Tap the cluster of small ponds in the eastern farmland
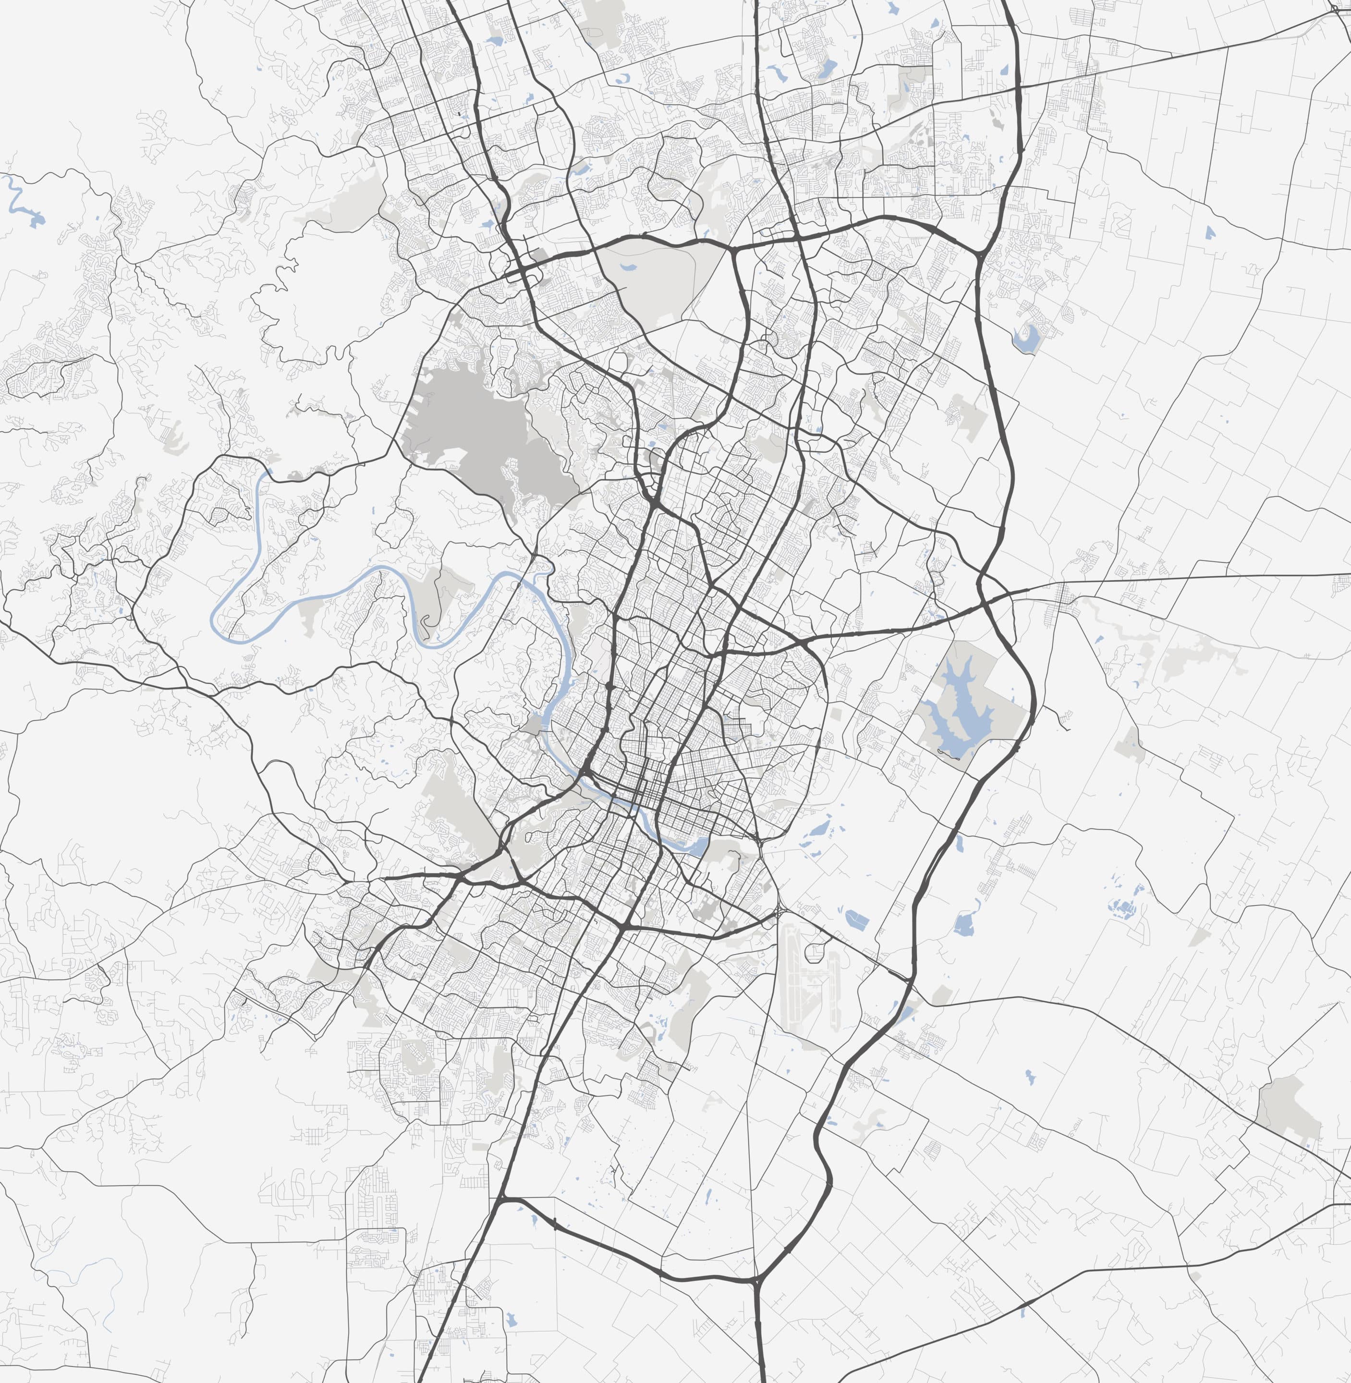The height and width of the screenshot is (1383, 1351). tap(1125, 907)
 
